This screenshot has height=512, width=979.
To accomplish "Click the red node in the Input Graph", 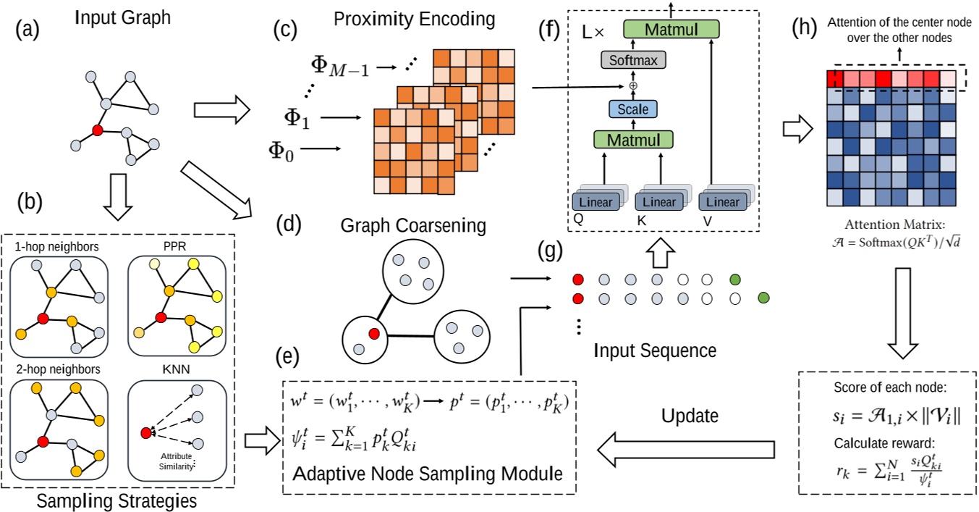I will tap(97, 130).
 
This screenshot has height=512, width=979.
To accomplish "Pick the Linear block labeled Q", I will tap(595, 201).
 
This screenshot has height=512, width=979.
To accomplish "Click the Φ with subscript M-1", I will tap(339, 66).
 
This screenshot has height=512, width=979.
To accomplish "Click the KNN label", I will tap(177, 369).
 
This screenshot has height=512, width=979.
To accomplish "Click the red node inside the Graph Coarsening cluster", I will tap(374, 333).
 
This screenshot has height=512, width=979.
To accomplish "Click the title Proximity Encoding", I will tap(415, 17).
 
